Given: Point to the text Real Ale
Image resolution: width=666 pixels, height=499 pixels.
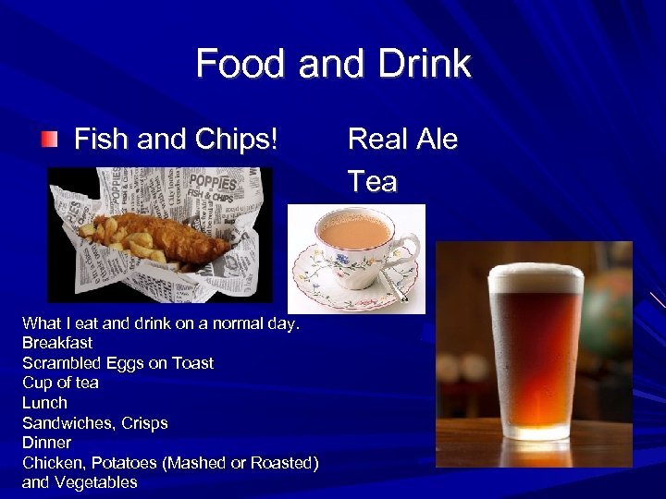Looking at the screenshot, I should (402, 140).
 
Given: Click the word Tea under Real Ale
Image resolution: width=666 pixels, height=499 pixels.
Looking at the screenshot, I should (372, 181).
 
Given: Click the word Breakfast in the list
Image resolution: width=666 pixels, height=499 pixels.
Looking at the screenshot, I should (57, 343).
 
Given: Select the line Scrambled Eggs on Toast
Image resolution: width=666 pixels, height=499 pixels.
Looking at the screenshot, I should (117, 363).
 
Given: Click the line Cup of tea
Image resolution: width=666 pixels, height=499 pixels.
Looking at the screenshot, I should (60, 383).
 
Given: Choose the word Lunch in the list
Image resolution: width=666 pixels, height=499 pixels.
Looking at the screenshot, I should (44, 403).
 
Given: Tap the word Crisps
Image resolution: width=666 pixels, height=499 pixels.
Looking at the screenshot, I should (144, 423).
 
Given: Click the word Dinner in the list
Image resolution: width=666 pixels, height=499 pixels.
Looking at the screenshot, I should (46, 443).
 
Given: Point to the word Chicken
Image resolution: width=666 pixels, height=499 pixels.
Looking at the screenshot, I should (52, 462).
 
